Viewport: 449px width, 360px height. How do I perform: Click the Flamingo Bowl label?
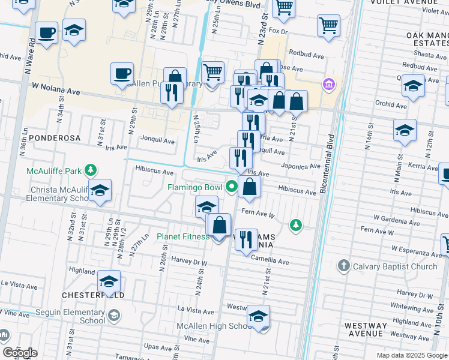[194, 188]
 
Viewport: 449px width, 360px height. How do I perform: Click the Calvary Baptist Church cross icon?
[343, 265]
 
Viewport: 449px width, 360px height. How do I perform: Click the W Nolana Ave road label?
[56, 89]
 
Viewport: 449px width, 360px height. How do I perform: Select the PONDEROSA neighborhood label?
[54, 138]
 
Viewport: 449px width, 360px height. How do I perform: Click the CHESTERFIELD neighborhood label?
[94, 296]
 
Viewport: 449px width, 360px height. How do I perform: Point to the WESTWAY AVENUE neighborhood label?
[365, 329]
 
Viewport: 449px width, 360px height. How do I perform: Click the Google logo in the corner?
[20, 352]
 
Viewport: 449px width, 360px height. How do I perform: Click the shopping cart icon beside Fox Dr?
[328, 26]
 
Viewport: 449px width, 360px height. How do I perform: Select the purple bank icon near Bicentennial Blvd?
[328, 83]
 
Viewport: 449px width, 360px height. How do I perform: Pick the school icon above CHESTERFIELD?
[109, 280]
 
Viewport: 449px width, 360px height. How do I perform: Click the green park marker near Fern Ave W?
[295, 224]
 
